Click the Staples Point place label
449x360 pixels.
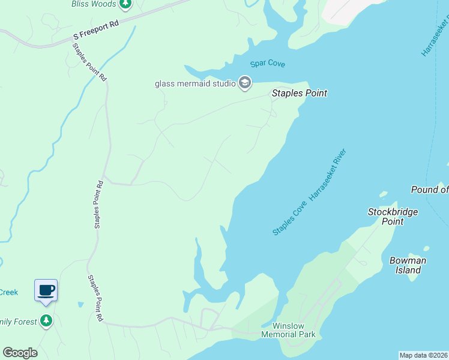click(x=300, y=93)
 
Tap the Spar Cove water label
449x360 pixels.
click(x=268, y=64)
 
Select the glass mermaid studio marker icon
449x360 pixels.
click(x=244, y=83)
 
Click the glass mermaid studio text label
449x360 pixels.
click(x=195, y=83)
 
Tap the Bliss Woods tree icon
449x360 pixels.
click(x=125, y=4)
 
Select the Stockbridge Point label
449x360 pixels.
click(x=393, y=216)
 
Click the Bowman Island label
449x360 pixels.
click(x=408, y=265)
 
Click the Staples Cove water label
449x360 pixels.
click(x=290, y=218)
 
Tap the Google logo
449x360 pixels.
click(x=20, y=353)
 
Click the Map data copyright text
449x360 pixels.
click(x=424, y=355)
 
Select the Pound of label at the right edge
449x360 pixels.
click(x=429, y=190)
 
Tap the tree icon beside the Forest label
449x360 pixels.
click(x=46, y=321)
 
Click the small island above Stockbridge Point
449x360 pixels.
click(x=383, y=194)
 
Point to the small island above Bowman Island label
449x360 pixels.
click(x=426, y=248)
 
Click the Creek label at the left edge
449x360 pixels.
click(x=9, y=292)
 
